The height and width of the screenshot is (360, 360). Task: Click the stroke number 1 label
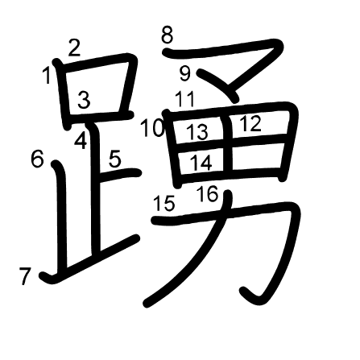click(47, 76)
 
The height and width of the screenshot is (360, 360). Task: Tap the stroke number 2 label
click(74, 48)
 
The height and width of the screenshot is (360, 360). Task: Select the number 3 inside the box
click(84, 100)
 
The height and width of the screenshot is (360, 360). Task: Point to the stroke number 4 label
click(81, 140)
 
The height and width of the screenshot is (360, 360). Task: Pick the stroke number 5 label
click(115, 159)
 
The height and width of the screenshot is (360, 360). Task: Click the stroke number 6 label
click(37, 158)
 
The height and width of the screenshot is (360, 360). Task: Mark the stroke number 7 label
click(25, 276)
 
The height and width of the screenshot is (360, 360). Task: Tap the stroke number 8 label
click(167, 35)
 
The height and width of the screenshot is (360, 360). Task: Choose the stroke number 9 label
click(185, 73)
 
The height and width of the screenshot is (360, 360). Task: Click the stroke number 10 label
click(152, 128)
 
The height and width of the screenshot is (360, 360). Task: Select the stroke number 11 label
click(184, 99)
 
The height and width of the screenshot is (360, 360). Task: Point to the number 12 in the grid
click(250, 123)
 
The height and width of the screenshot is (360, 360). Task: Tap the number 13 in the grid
click(197, 132)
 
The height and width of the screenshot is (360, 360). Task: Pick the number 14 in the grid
click(201, 163)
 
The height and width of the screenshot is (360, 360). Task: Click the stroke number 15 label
click(164, 203)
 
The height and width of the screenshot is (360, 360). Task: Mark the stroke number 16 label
click(207, 194)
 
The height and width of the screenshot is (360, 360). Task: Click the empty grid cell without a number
click(256, 155)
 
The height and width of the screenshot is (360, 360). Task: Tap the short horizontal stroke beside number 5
click(120, 175)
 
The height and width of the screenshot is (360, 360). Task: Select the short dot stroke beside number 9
click(218, 85)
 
